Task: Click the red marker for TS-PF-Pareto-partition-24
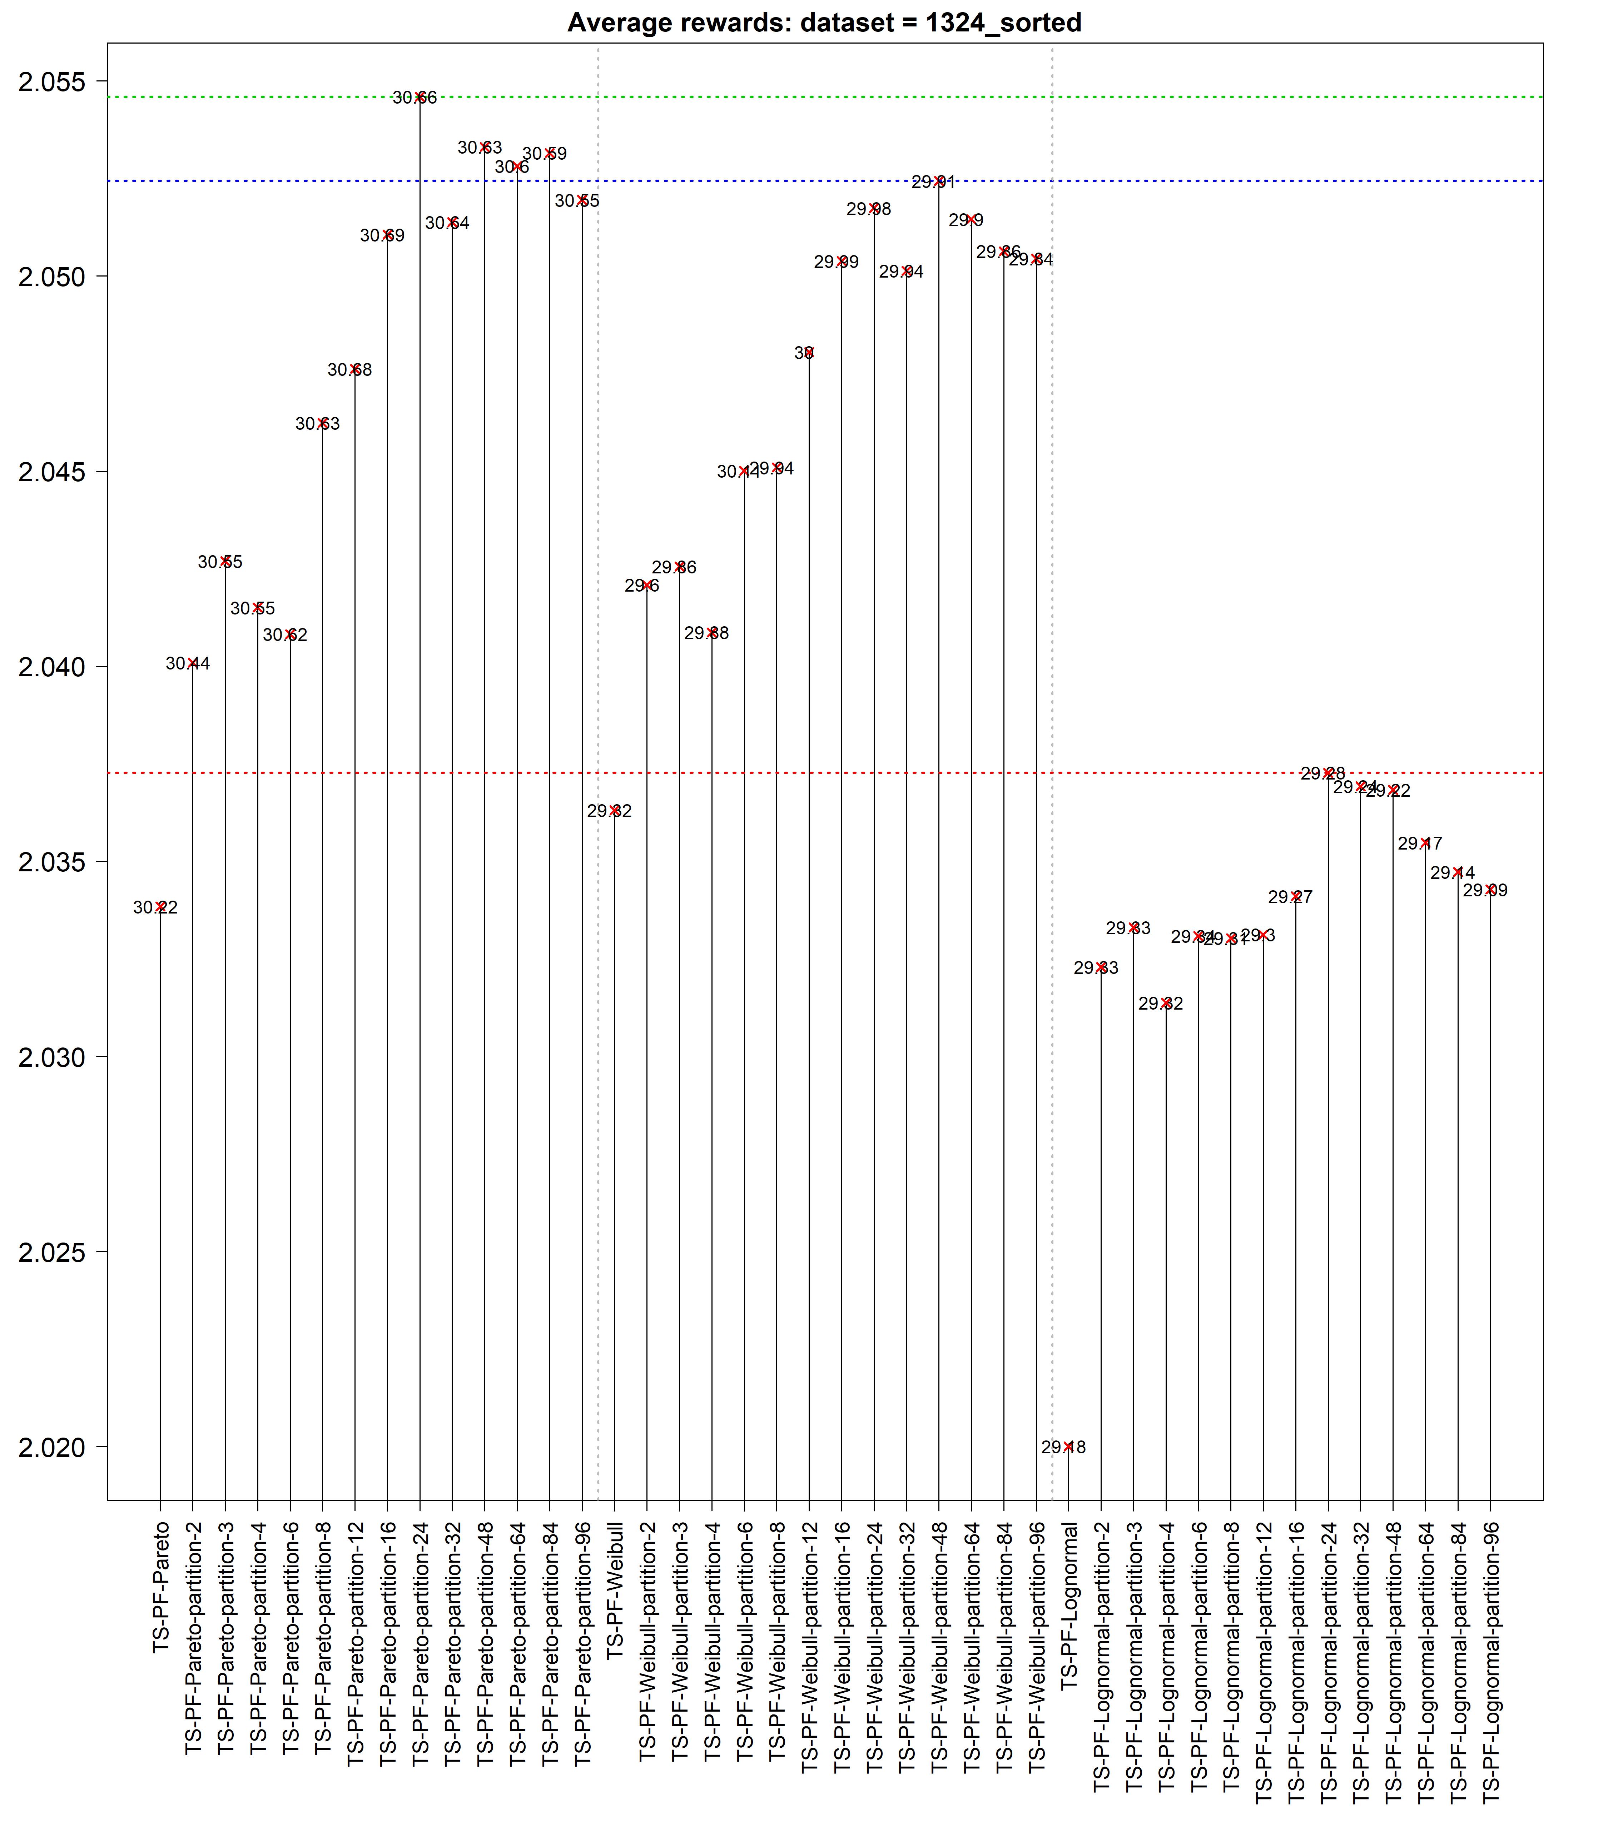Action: click(420, 97)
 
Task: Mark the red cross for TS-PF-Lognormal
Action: click(1069, 1447)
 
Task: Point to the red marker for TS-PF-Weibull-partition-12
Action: click(809, 353)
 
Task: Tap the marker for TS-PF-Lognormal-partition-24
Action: click(1328, 773)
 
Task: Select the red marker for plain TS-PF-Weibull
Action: click(615, 810)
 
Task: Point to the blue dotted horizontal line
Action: click(1159, 181)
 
